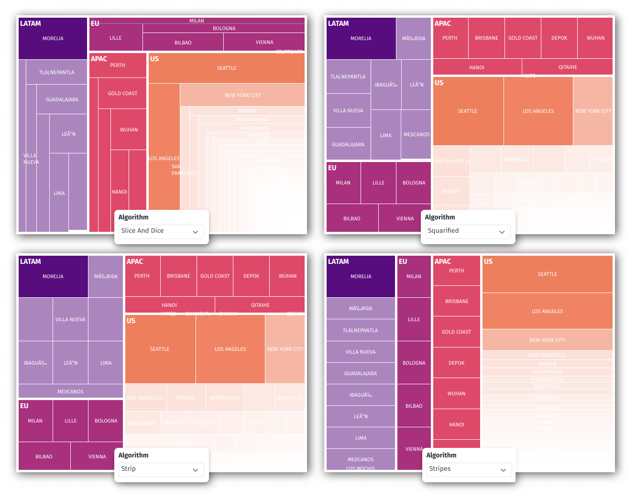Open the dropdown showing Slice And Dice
click(x=161, y=231)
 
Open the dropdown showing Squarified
click(x=468, y=231)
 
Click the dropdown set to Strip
click(x=161, y=469)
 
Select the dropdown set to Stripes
click(x=469, y=469)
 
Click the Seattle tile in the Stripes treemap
click(x=547, y=274)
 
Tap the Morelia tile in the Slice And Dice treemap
click(x=53, y=39)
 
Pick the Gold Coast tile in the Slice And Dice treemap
click(x=122, y=94)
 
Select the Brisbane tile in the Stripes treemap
click(x=457, y=302)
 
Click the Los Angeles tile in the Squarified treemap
click(x=538, y=111)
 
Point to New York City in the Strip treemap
click(x=285, y=349)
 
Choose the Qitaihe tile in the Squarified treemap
click(x=567, y=67)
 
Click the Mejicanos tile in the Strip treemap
click(x=70, y=392)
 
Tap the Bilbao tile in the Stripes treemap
click(x=414, y=406)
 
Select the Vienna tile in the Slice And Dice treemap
click(x=264, y=43)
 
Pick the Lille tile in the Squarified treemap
click(x=378, y=183)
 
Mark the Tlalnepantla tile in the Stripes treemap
click(x=360, y=331)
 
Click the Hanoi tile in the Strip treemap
click(x=169, y=305)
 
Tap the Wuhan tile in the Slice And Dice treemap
click(x=129, y=130)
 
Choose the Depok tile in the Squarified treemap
click(x=559, y=38)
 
